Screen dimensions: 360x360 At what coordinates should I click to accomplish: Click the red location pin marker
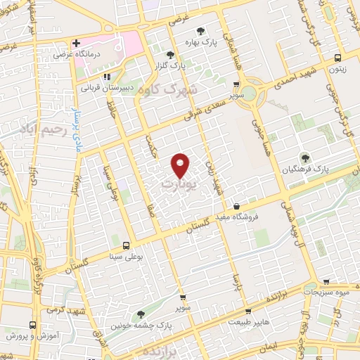181,165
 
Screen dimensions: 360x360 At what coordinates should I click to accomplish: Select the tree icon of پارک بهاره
201,31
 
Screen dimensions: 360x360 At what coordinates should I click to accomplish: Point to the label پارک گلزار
189,66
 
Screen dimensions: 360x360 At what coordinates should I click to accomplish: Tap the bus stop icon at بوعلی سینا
125,245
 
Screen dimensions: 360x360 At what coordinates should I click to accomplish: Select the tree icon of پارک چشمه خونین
141,314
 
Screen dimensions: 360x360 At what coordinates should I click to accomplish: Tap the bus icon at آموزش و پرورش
32,326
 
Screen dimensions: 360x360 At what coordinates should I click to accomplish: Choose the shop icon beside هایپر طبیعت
247,310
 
